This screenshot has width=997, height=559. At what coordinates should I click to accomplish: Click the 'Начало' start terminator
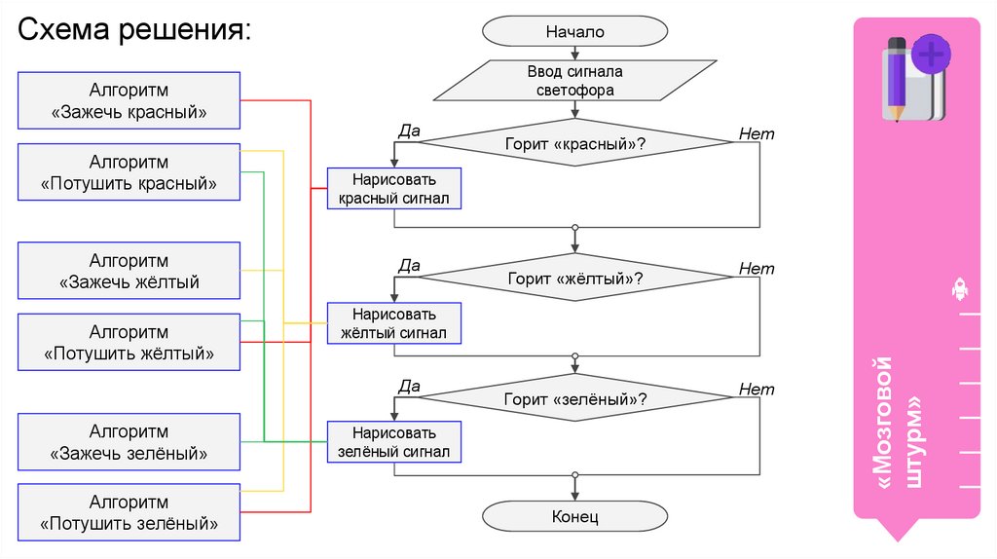click(x=574, y=32)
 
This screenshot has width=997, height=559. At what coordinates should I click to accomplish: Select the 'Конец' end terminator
click(x=574, y=516)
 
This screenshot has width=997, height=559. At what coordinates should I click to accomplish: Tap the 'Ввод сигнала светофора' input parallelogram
click(x=574, y=81)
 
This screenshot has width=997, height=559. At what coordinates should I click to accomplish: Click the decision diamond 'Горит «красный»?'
click(x=574, y=143)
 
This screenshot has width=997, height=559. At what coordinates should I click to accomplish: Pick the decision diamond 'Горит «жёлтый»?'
click(x=574, y=279)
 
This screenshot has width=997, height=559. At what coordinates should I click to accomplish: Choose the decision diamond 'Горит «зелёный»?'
click(x=574, y=397)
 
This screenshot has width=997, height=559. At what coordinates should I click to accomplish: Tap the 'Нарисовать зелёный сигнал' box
click(x=393, y=442)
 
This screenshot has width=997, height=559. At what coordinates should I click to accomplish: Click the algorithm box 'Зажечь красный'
click(x=129, y=101)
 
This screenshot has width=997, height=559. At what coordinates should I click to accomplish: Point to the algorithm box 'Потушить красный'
click(x=129, y=172)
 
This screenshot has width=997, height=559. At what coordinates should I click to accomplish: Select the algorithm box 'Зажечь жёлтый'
click(x=129, y=272)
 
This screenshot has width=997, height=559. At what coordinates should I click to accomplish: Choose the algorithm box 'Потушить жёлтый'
click(x=129, y=343)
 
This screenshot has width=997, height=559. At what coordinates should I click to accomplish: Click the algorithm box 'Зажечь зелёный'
click(x=129, y=442)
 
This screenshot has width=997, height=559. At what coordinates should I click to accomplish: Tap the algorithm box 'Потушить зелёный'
click(x=129, y=513)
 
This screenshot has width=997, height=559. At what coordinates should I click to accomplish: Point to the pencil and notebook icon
click(x=913, y=78)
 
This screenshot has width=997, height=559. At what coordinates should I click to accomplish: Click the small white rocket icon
click(x=958, y=288)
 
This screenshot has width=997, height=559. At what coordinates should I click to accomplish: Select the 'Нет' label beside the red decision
click(x=757, y=134)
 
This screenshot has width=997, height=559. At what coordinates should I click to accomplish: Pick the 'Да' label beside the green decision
click(x=409, y=387)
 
